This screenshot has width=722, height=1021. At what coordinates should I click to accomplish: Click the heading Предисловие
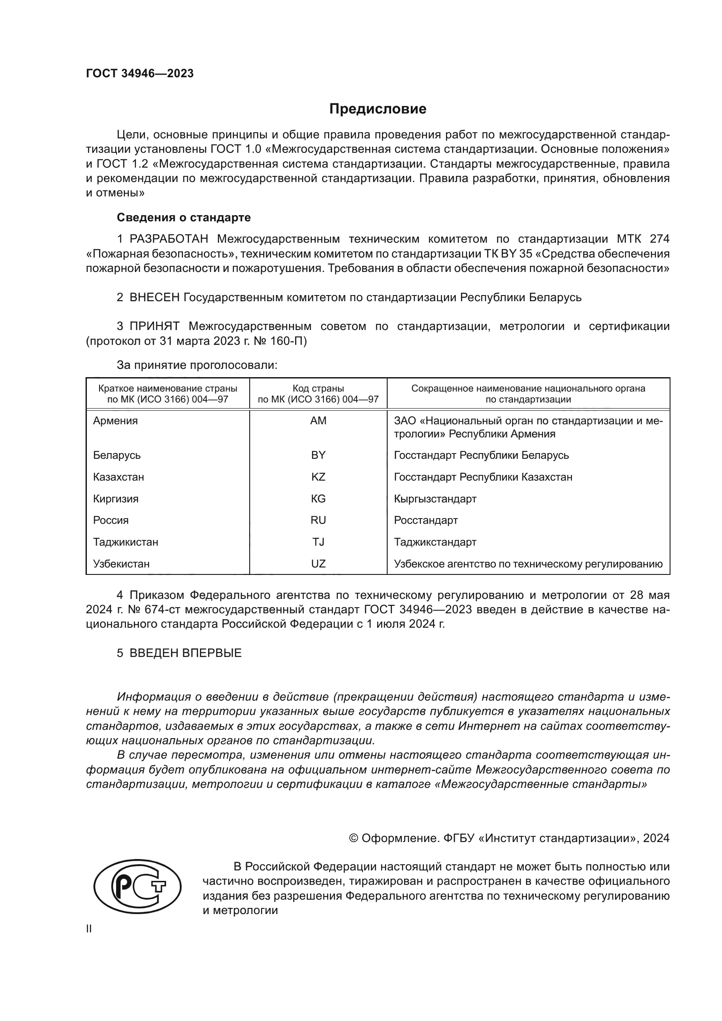pyautogui.click(x=378, y=109)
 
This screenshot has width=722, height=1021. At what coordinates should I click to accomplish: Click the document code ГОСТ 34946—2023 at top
pyautogui.click(x=140, y=74)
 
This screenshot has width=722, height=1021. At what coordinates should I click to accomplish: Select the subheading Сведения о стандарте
pyautogui.click(x=184, y=217)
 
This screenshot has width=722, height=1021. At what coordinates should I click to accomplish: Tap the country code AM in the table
pyautogui.click(x=318, y=421)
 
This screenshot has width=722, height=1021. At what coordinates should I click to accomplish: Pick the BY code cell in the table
pyautogui.click(x=318, y=455)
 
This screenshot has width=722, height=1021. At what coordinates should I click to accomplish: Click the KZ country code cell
pyautogui.click(x=318, y=477)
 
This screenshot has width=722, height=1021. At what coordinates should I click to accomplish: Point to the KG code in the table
pyautogui.click(x=318, y=499)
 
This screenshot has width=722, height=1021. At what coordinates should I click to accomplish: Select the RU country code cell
pyautogui.click(x=318, y=520)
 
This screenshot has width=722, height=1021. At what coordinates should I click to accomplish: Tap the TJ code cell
pyautogui.click(x=318, y=542)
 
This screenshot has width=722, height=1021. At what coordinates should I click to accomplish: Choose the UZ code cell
pyautogui.click(x=318, y=564)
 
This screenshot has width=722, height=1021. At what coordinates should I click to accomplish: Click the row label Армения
pyautogui.click(x=116, y=421)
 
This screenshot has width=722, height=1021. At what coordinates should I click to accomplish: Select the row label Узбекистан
pyautogui.click(x=121, y=564)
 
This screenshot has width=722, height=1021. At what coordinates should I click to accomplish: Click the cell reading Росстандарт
pyautogui.click(x=426, y=520)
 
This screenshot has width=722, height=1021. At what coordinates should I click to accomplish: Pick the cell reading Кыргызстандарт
pyautogui.click(x=435, y=499)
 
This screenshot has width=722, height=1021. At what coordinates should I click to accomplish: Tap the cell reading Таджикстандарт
pyautogui.click(x=435, y=542)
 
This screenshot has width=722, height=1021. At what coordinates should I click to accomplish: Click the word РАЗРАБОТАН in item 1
pyautogui.click(x=169, y=239)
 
